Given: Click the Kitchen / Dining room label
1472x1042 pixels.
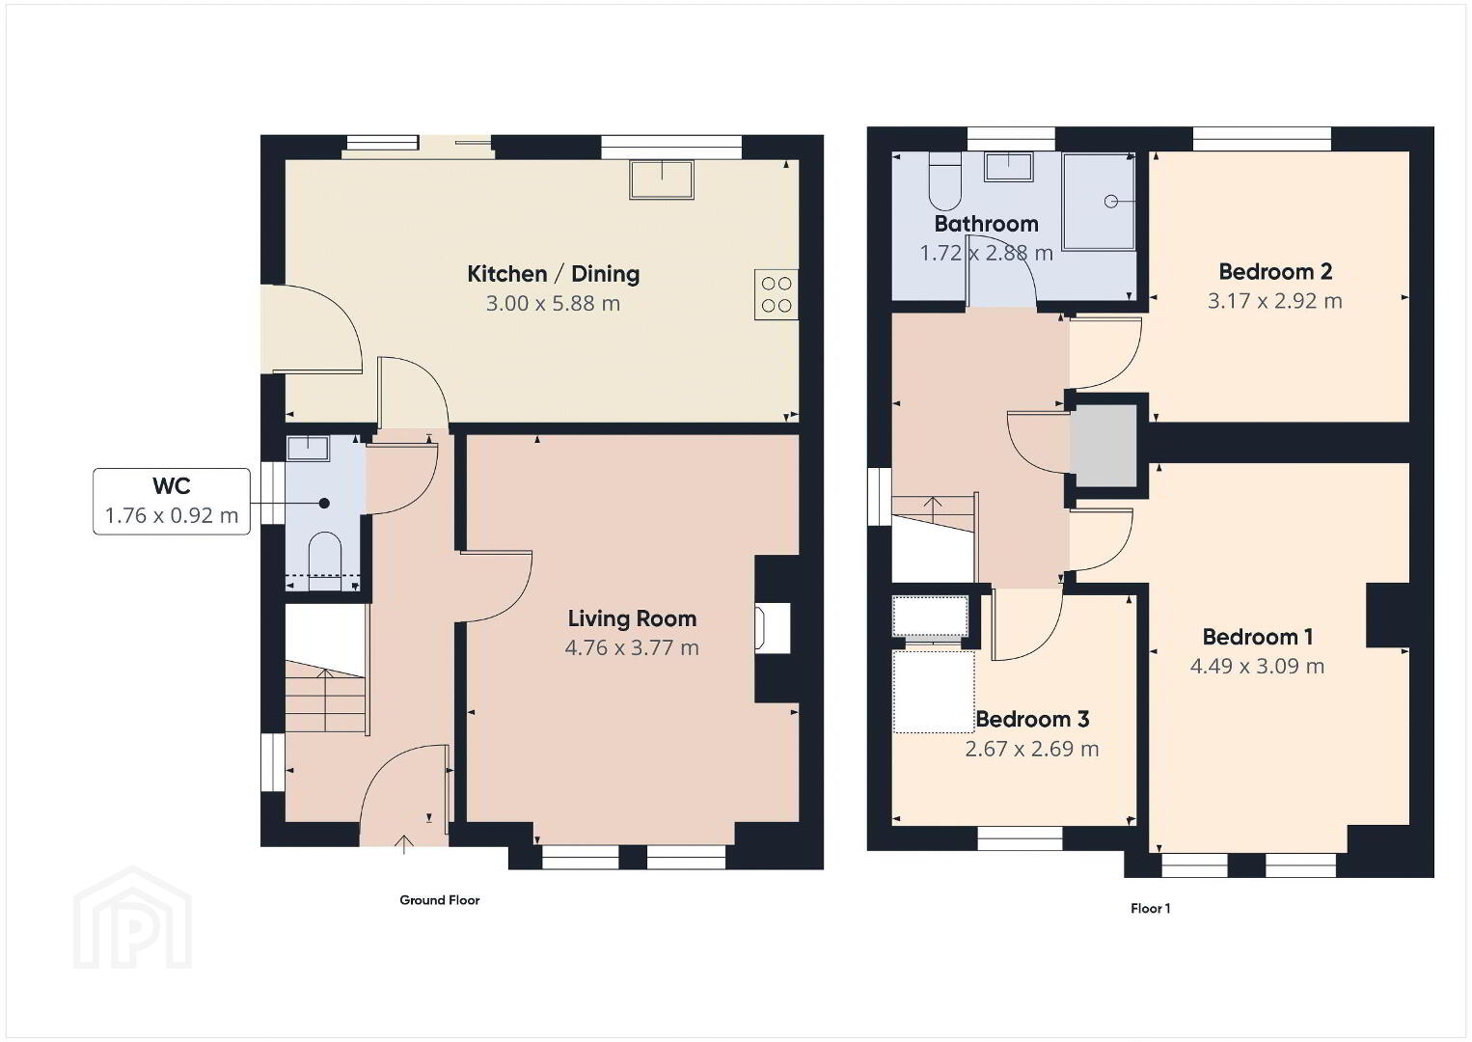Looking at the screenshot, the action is (x=554, y=273).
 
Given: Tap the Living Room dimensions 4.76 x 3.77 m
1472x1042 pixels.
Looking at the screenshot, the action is (x=632, y=648).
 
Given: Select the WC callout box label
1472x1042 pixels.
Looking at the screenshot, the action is (x=172, y=486).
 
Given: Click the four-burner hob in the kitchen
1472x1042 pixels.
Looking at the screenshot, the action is (x=777, y=294).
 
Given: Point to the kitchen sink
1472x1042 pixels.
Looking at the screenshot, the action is (x=662, y=178).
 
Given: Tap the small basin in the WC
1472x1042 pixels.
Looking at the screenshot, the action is (x=309, y=449).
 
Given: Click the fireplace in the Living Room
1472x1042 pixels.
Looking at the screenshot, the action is (x=773, y=628).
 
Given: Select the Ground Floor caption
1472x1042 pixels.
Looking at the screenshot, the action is (x=440, y=900).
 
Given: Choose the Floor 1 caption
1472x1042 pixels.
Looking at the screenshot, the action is (x=1150, y=909).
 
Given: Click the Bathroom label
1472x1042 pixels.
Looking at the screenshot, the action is (x=987, y=224).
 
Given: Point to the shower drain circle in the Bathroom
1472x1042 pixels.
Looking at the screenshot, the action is (x=1111, y=202).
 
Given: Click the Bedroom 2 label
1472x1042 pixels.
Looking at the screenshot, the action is (x=1275, y=271).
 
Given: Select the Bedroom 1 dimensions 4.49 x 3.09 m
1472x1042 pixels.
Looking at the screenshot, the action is (x=1257, y=667).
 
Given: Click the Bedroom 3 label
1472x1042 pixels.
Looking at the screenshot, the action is (x=1032, y=719).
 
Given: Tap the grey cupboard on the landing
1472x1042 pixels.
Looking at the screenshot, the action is (x=1104, y=446).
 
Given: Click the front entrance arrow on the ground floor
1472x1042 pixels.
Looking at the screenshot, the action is (x=403, y=844).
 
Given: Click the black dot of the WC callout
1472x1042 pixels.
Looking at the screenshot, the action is (x=324, y=503).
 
